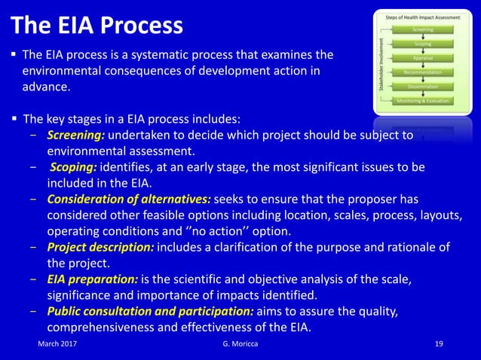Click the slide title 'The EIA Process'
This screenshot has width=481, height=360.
(x=97, y=26)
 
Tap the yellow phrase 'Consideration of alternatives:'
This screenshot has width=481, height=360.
(x=129, y=199)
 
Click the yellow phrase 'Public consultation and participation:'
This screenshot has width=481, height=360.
(x=150, y=312)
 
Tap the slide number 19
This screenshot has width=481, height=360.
(x=440, y=344)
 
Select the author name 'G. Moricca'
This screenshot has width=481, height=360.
(x=234, y=344)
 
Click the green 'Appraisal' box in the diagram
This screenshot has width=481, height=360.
(x=422, y=58)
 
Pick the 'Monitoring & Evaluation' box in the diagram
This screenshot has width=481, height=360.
(x=422, y=101)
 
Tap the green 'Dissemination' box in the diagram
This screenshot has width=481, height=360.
(x=422, y=87)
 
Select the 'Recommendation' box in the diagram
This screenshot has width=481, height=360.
(x=422, y=72)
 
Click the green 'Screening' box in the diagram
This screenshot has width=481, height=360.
(x=422, y=29)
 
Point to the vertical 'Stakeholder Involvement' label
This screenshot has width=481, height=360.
(x=381, y=65)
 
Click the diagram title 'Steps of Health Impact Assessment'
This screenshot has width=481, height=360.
(x=422, y=16)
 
